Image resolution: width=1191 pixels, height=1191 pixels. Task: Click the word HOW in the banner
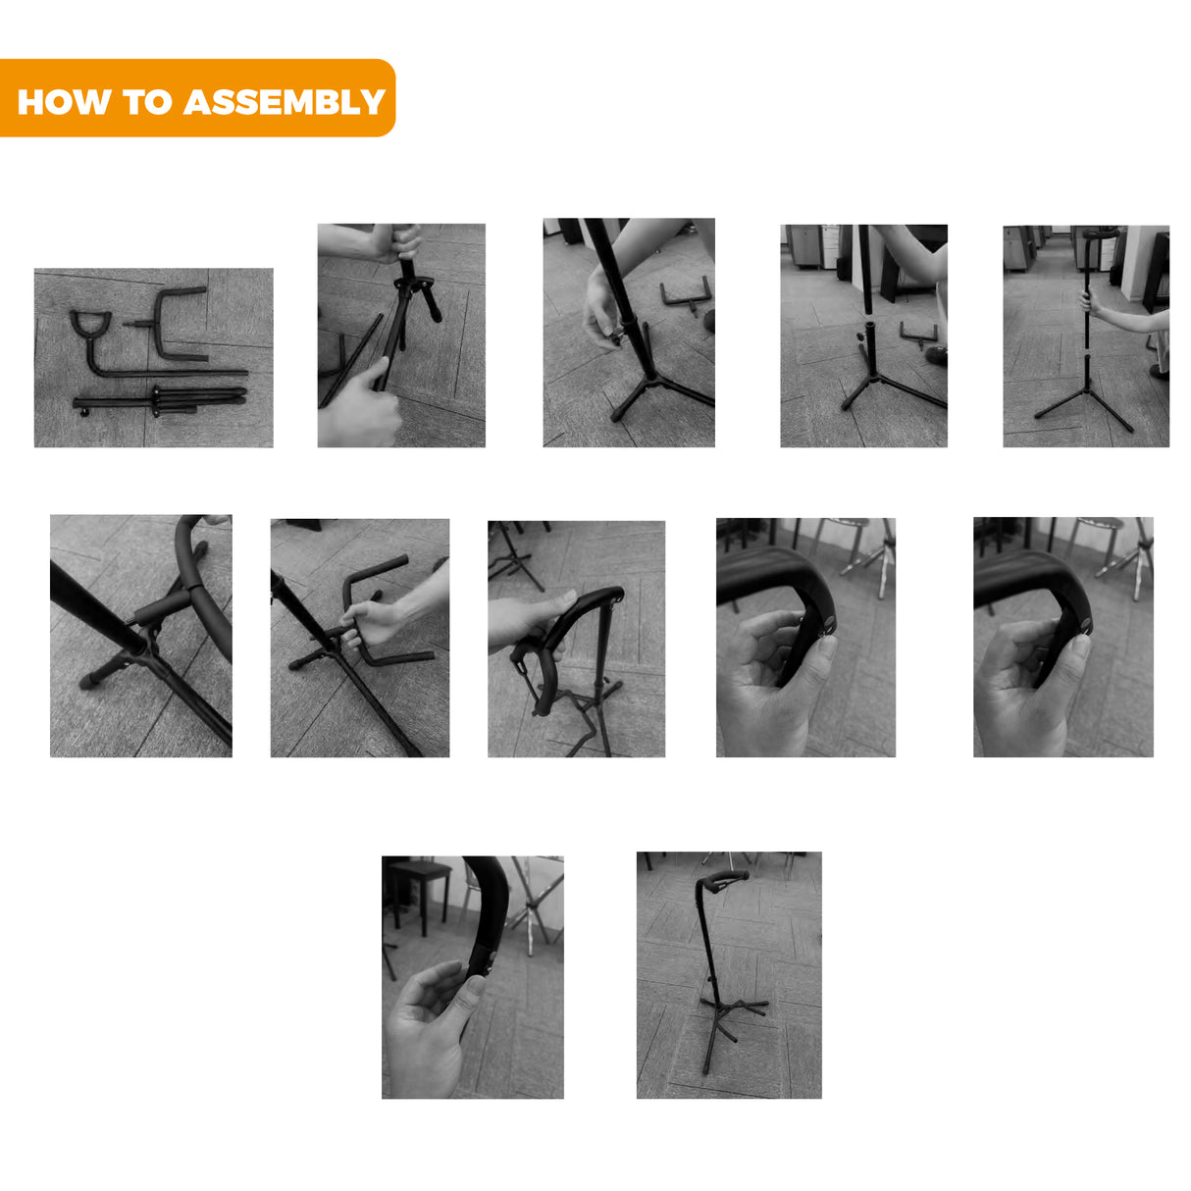[x=65, y=102]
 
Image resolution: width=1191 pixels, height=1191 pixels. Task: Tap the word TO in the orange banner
[x=147, y=102]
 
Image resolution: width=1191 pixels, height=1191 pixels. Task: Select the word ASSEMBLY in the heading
[x=285, y=102]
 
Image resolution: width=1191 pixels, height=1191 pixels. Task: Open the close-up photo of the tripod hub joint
[x=141, y=636]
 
